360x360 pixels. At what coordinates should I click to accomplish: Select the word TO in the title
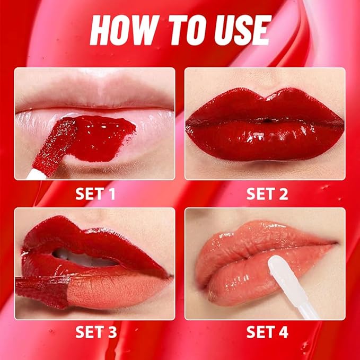point(180,30)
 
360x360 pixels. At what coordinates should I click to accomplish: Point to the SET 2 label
point(267,194)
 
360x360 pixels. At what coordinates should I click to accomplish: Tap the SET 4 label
point(267,332)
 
